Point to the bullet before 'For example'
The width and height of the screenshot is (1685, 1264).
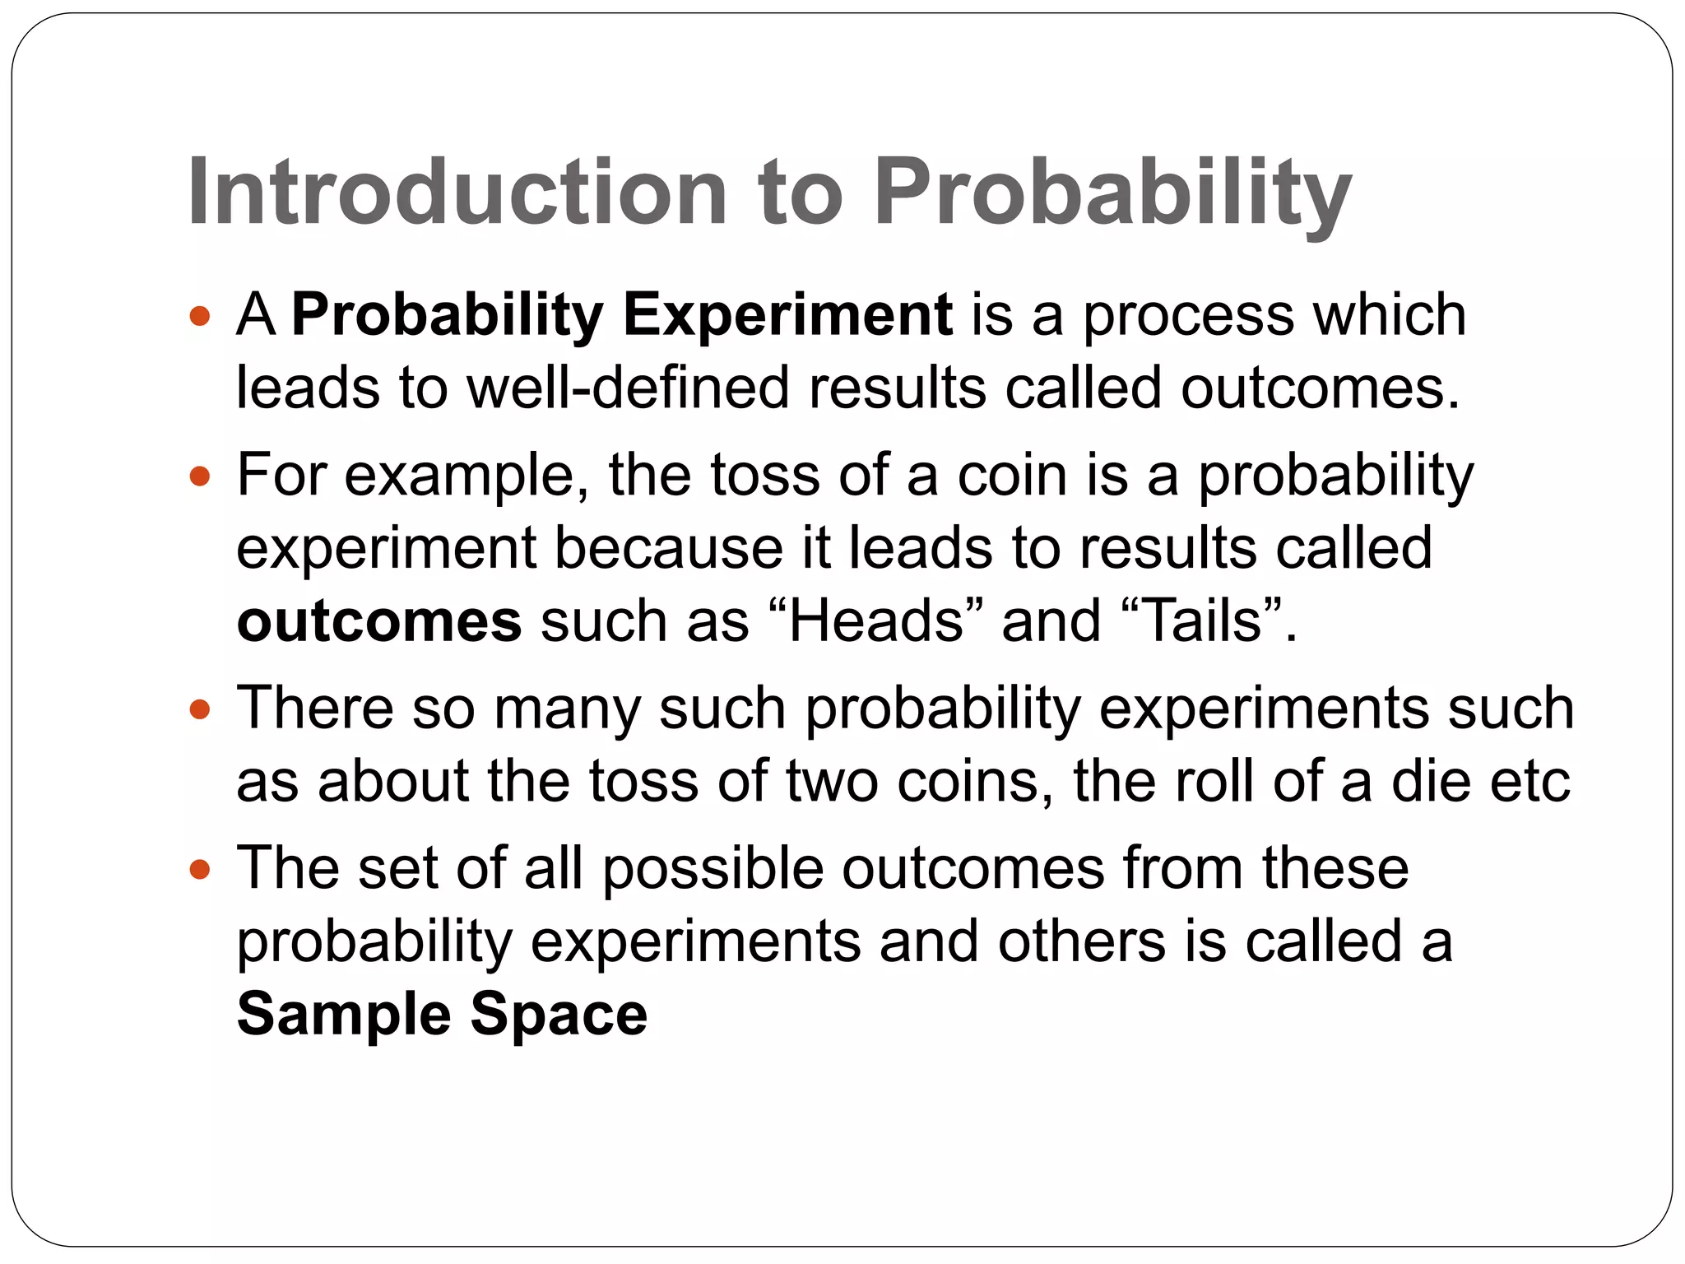point(200,476)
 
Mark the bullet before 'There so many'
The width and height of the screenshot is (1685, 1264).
point(200,708)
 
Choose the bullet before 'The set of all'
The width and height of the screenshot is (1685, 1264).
point(200,869)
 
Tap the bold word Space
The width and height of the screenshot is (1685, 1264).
point(559,1014)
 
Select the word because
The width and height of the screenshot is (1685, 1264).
point(668,548)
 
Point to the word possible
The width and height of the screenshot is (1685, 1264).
point(713,869)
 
